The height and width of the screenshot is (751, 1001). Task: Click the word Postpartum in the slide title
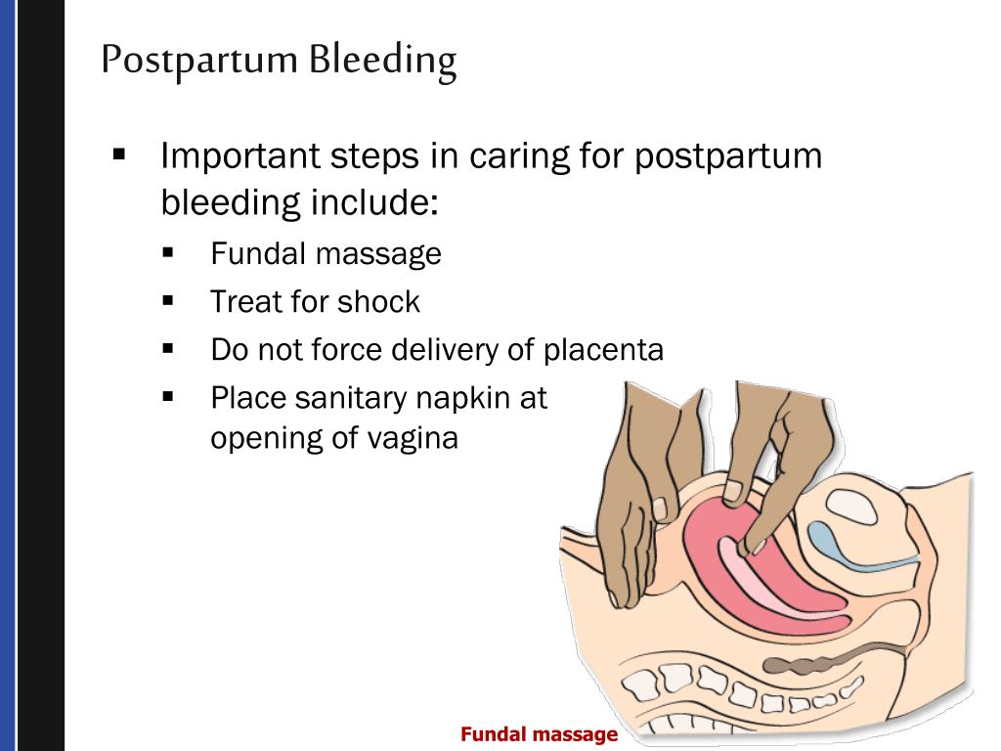(x=199, y=62)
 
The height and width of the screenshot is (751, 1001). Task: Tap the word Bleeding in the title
(x=383, y=62)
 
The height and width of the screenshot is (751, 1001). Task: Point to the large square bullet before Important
(x=120, y=154)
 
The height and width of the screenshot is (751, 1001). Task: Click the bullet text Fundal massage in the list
(x=326, y=254)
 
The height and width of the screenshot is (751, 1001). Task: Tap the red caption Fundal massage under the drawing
(x=539, y=734)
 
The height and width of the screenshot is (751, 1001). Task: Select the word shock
(x=378, y=302)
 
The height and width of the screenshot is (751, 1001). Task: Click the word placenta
(x=604, y=349)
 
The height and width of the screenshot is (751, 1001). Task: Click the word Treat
(x=246, y=302)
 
